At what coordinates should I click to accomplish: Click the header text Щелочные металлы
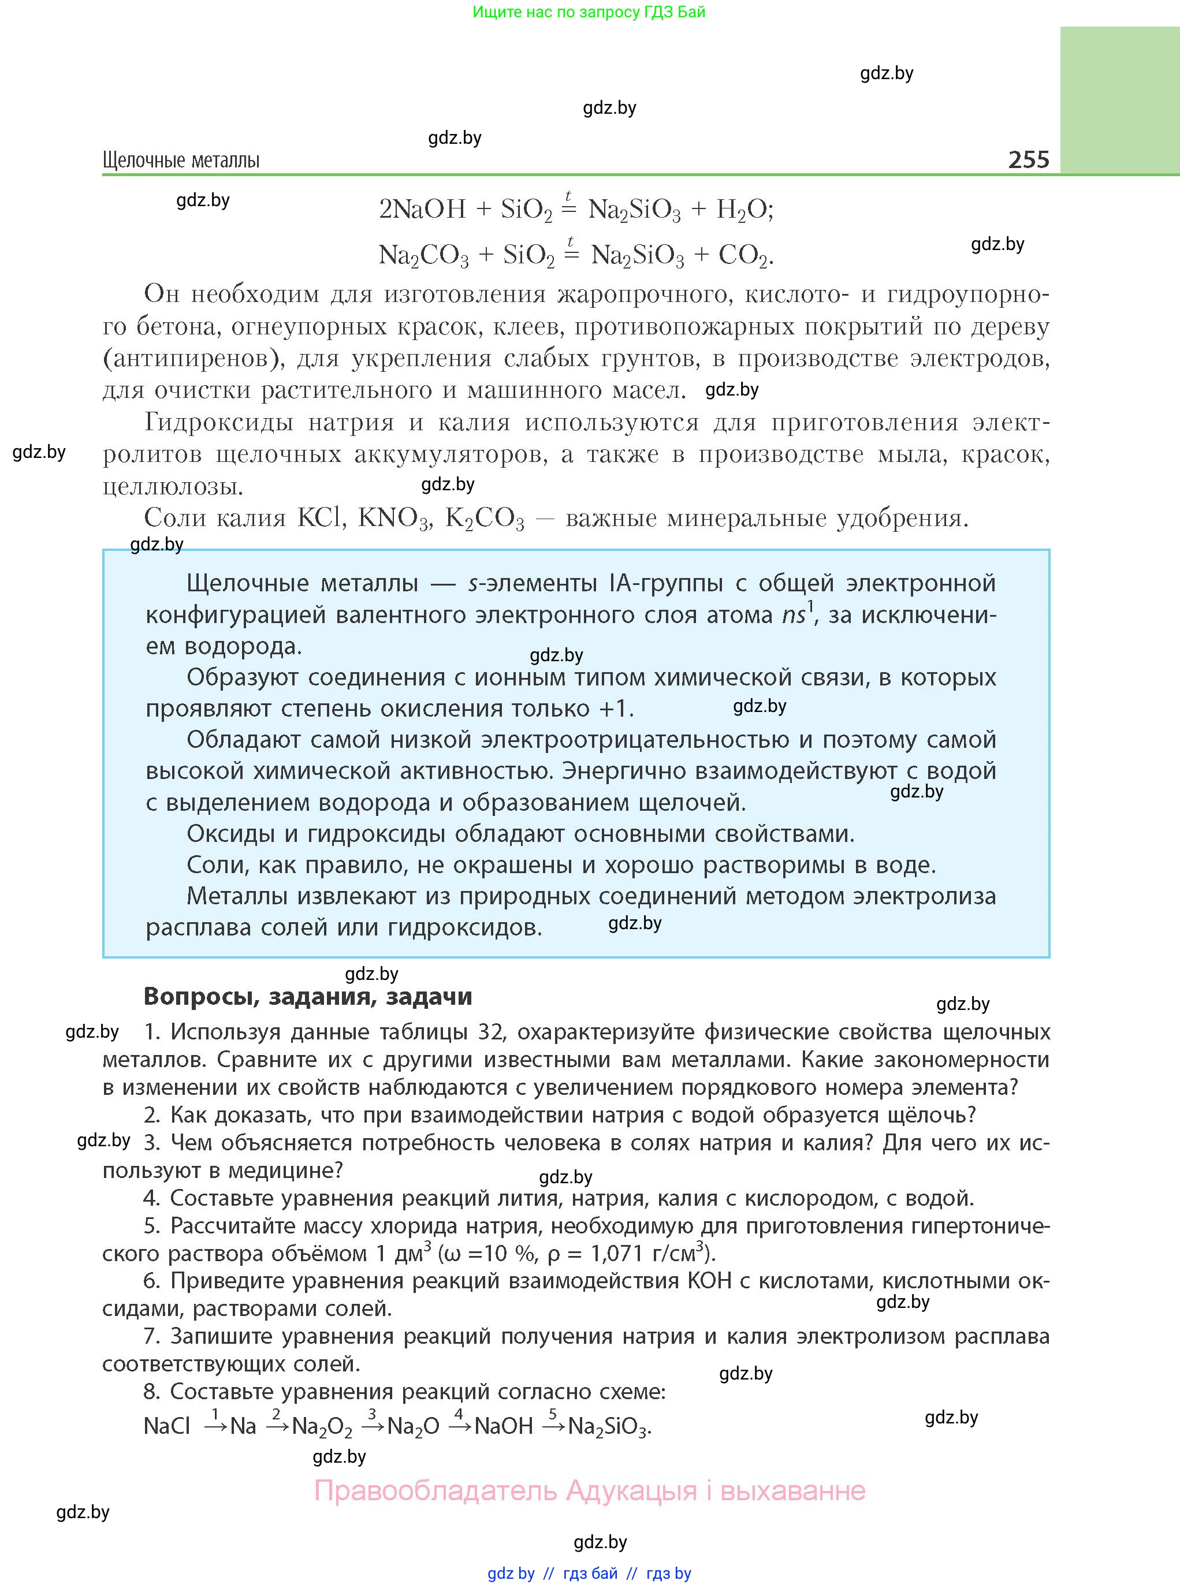click(x=181, y=160)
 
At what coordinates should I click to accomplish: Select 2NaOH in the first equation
click(x=422, y=209)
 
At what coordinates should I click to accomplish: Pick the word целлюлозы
click(x=172, y=486)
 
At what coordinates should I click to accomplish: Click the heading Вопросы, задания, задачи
click(x=308, y=996)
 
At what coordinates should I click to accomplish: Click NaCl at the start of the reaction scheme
click(x=167, y=1426)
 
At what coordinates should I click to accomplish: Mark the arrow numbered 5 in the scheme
click(x=553, y=1425)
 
